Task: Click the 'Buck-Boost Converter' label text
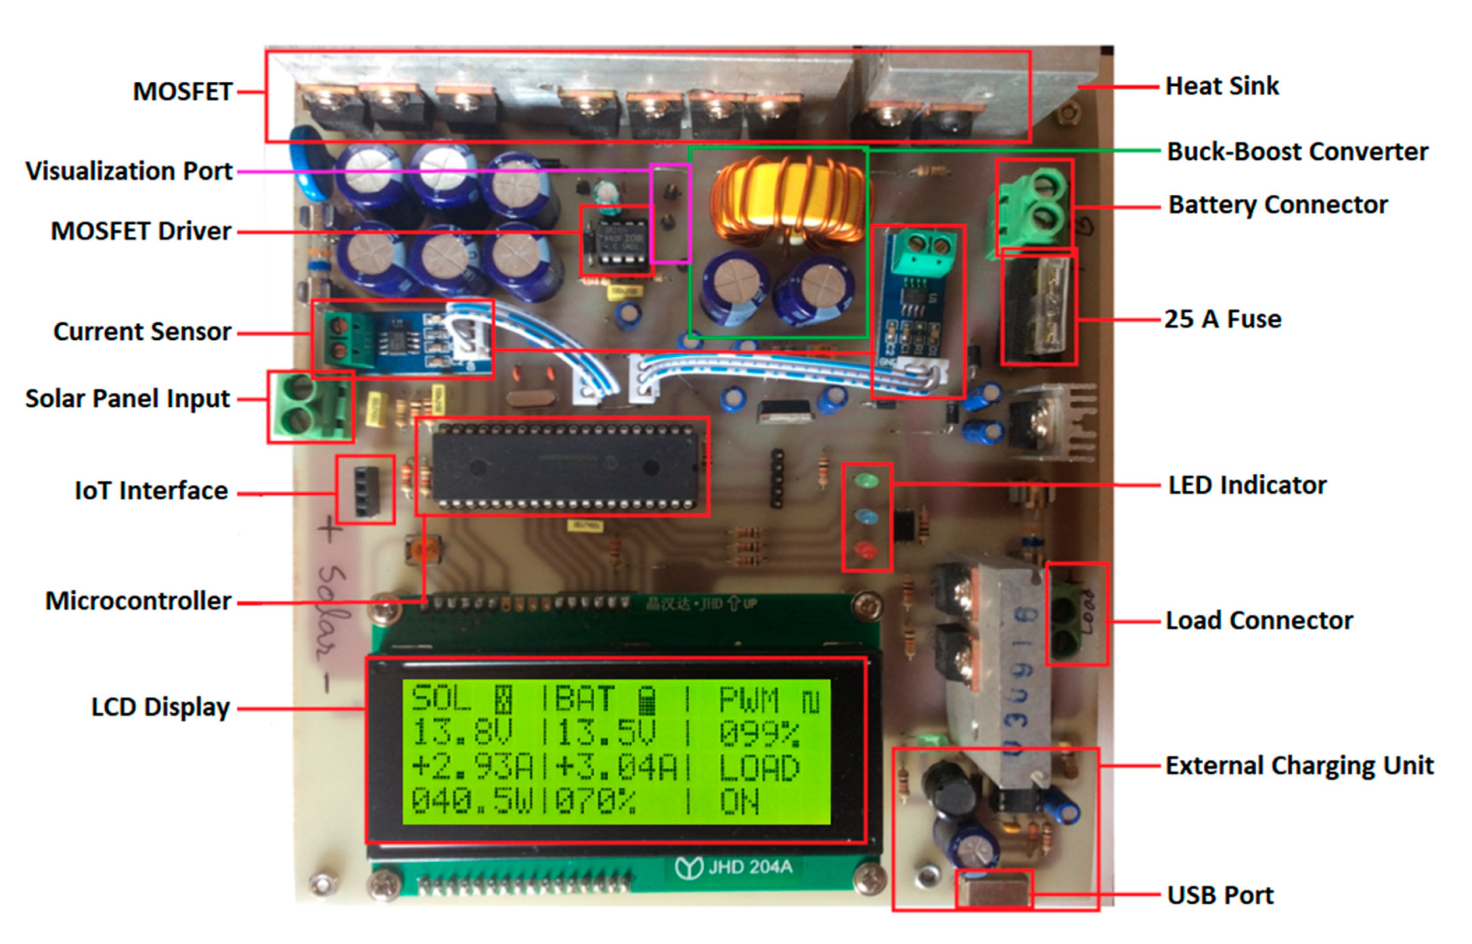tap(1297, 151)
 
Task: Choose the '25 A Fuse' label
tap(1223, 320)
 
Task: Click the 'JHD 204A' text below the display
tap(750, 867)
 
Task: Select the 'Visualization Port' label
tap(129, 171)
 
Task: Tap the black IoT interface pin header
tap(366, 490)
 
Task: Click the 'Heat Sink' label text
tap(1222, 86)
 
